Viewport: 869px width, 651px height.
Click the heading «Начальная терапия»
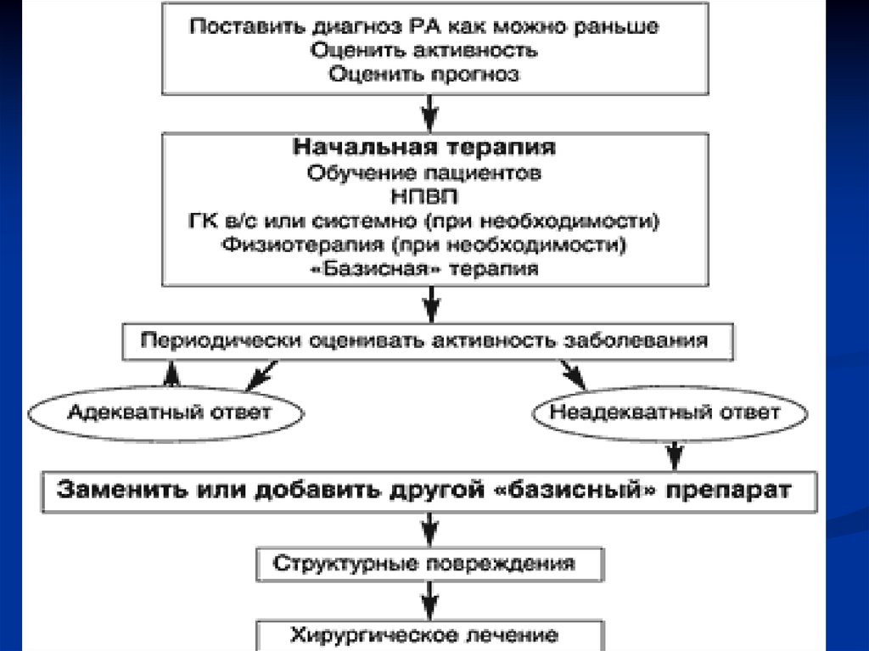click(x=424, y=148)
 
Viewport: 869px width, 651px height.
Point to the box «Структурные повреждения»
click(x=423, y=563)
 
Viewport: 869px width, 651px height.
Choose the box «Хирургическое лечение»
click(x=424, y=635)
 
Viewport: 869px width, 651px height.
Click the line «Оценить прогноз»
click(x=423, y=75)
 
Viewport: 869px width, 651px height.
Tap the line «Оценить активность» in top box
click(x=423, y=50)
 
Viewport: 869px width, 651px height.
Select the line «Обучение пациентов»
click(x=424, y=173)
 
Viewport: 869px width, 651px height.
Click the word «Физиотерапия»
click(x=280, y=245)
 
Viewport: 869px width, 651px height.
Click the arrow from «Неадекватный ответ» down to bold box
click(x=676, y=453)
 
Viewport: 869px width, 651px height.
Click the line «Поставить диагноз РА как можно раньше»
click(x=423, y=26)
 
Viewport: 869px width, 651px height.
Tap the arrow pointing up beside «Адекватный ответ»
click(x=172, y=373)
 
